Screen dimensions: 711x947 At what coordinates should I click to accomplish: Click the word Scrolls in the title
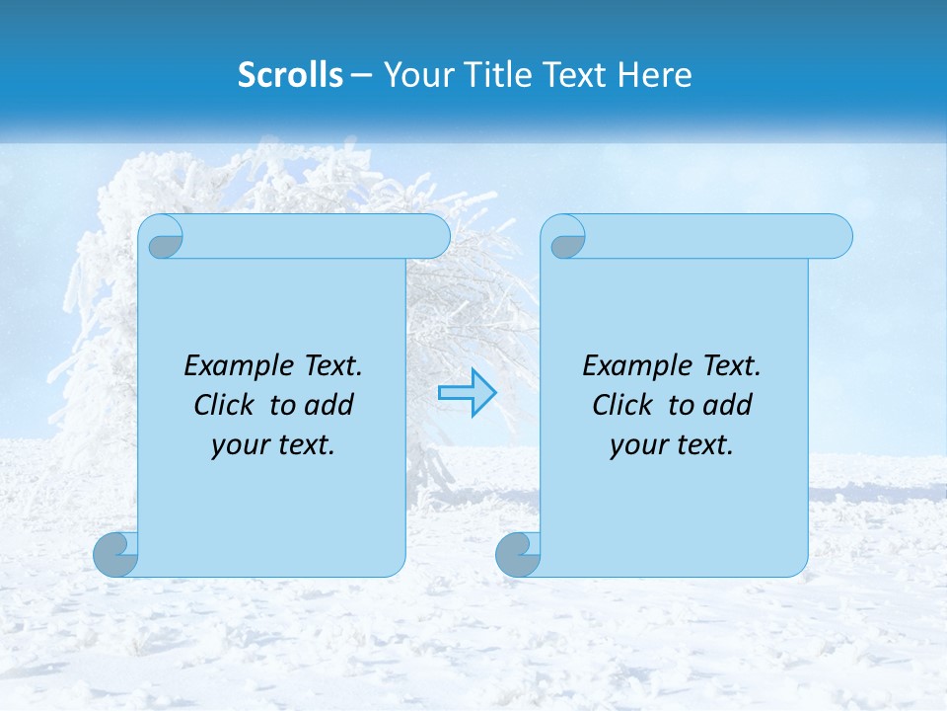291,75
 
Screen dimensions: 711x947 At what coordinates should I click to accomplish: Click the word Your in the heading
413,75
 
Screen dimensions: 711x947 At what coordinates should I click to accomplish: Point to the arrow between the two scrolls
467,392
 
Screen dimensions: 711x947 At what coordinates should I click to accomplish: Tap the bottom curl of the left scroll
116,554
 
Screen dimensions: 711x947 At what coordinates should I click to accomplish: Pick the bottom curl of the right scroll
519,554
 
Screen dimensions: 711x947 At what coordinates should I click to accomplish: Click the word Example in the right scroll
632,366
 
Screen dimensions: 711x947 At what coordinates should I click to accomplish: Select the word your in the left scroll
238,445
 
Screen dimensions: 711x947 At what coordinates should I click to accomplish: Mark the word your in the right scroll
637,445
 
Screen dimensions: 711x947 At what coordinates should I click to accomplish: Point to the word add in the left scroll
330,405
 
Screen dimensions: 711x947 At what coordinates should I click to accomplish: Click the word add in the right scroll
729,405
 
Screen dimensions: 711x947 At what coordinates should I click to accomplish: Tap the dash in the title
362,75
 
